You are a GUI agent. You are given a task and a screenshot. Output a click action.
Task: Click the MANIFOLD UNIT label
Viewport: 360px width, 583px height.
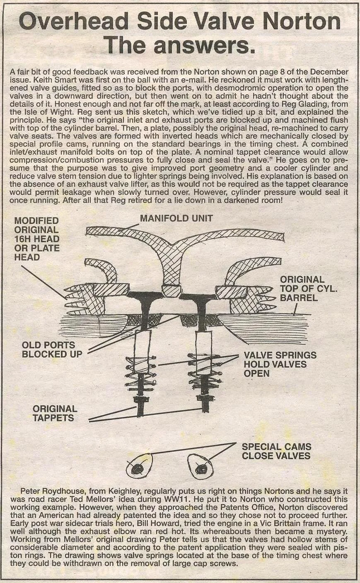coord(176,218)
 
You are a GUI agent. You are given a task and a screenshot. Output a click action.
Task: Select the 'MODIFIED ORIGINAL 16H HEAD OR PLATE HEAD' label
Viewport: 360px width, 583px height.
coord(37,239)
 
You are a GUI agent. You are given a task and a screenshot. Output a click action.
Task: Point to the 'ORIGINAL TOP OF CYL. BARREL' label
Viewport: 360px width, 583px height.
coord(309,288)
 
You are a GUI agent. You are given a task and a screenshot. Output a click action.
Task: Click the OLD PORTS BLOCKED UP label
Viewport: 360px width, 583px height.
coord(49,349)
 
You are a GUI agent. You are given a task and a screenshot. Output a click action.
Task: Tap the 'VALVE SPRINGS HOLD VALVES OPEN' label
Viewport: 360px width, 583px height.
coord(280,364)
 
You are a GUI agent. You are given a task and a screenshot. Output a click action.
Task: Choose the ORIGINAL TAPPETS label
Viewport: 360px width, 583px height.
coord(55,413)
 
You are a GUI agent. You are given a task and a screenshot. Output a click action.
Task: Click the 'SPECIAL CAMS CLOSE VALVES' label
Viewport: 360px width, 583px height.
coord(276,451)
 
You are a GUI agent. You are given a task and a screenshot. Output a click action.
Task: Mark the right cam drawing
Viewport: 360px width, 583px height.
coord(201,468)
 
